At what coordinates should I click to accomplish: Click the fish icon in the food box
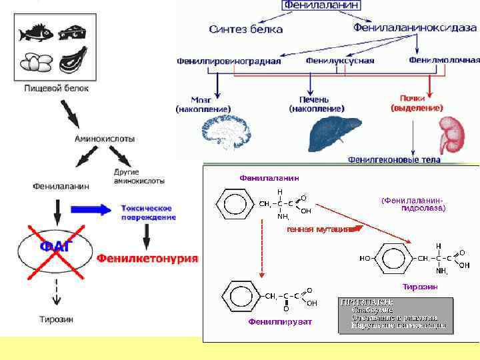tap(34, 33)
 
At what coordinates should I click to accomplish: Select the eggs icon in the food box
tap(35, 62)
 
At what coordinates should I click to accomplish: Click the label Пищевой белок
tap(56, 87)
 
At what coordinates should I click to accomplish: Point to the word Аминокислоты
tap(105, 139)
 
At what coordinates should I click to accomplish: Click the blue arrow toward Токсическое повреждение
tap(102, 209)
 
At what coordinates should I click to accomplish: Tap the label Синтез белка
tap(245, 29)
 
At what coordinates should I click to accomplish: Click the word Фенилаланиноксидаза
tap(415, 27)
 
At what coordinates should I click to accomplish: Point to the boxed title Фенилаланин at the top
tap(321, 5)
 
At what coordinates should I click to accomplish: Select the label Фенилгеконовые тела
tap(394, 160)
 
